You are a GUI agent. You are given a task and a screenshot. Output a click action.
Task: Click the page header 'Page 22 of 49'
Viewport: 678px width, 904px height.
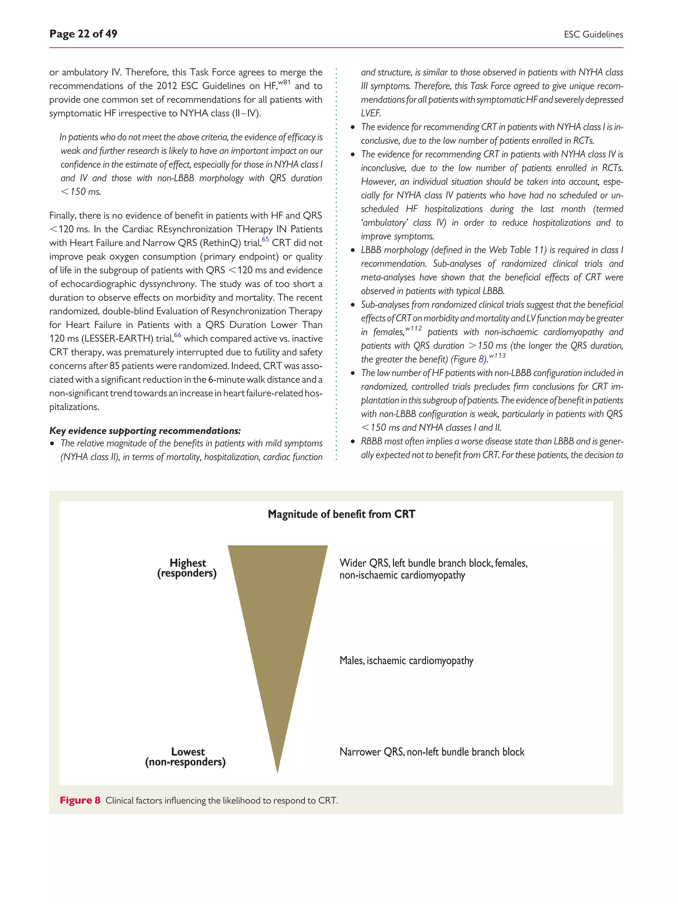[83, 34]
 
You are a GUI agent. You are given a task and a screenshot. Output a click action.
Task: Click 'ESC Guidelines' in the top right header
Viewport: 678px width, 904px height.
[593, 35]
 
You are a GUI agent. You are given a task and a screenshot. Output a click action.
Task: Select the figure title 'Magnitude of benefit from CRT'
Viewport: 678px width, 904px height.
[341, 514]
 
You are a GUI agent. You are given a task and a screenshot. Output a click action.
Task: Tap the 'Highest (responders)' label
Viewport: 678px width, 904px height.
[187, 568]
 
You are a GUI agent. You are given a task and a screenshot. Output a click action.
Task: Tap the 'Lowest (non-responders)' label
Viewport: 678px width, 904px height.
[185, 757]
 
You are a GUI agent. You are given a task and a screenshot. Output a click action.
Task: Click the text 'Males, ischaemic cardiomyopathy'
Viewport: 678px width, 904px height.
[406, 661]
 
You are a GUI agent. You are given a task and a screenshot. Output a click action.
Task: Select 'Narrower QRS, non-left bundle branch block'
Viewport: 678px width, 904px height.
[432, 752]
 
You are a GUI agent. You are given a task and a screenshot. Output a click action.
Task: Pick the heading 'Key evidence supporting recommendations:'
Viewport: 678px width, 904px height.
[145, 431]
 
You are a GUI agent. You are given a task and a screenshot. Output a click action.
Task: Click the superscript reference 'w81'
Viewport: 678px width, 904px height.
[284, 82]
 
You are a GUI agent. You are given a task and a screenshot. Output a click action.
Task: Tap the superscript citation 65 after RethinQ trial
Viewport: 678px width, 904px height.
[265, 239]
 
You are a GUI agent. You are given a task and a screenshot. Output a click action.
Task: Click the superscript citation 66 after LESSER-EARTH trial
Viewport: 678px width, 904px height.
[177, 335]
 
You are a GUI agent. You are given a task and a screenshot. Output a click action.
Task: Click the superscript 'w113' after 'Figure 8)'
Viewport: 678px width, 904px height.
[497, 356]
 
